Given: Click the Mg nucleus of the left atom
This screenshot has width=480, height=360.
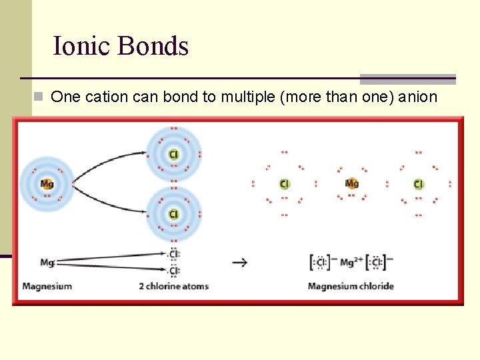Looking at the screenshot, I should [47, 183].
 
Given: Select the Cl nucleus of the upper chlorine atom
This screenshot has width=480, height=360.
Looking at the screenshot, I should [173, 155].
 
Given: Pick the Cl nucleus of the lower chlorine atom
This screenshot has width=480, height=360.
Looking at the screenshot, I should [173, 214].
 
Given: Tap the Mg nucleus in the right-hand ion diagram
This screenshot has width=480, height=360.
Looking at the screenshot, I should [351, 183].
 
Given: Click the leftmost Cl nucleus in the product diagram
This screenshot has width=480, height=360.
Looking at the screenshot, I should [285, 184].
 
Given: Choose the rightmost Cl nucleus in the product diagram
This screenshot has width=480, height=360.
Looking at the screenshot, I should [418, 184].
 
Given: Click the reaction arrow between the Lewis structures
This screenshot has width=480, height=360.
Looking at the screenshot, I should [239, 262].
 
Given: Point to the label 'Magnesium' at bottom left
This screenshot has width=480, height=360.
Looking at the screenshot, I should [47, 287].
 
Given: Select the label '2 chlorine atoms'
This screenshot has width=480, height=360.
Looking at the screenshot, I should [173, 287].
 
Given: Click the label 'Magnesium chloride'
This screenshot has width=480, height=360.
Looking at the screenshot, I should [351, 287].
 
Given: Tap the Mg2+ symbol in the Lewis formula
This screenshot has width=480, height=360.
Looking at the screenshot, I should [350, 262].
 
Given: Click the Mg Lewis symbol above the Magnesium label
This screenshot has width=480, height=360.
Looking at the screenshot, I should [47, 262].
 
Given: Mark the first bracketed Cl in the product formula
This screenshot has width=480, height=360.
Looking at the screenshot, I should [320, 263].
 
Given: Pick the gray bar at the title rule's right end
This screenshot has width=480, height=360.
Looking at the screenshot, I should [407, 79].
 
